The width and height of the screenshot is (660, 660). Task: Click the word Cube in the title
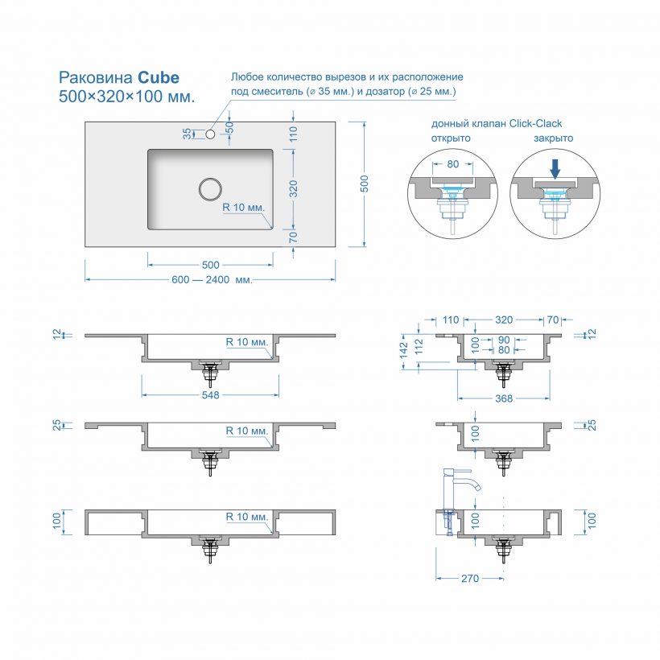click(x=158, y=78)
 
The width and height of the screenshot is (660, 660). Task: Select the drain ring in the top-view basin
click(x=210, y=188)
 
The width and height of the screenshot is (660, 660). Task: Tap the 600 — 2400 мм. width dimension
click(x=212, y=280)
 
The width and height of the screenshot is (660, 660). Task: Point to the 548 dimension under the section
click(x=211, y=395)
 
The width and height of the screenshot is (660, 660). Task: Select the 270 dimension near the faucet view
click(x=470, y=578)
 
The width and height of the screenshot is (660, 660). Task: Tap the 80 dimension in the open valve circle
click(x=452, y=164)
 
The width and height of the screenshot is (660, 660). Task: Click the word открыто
click(x=451, y=138)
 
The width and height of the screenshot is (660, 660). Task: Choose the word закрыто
click(x=553, y=138)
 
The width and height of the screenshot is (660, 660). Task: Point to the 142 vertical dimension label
click(x=404, y=353)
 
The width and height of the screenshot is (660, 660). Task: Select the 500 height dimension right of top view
click(x=364, y=184)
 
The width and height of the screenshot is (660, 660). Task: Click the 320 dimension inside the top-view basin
click(x=294, y=188)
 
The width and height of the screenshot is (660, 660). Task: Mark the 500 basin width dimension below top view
click(x=210, y=265)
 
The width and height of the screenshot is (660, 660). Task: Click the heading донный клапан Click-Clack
click(x=496, y=123)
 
